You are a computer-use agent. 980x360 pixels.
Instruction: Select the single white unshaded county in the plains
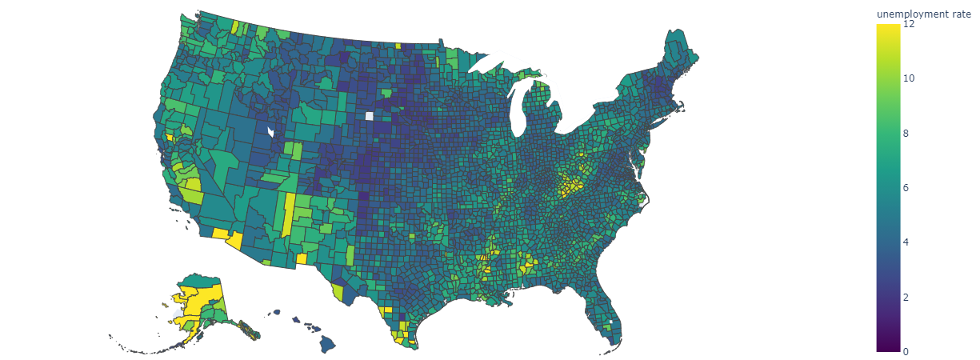(369, 116)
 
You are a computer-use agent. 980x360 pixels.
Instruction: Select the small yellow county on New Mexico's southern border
(302, 258)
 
